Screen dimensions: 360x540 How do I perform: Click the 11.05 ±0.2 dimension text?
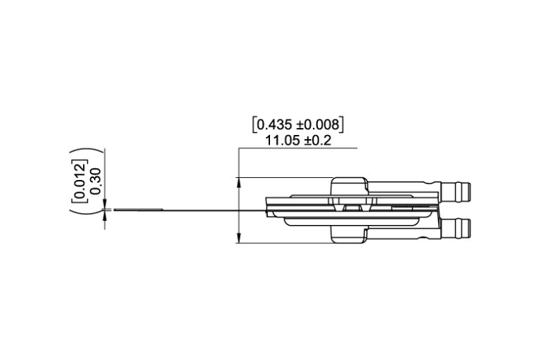tap(297, 140)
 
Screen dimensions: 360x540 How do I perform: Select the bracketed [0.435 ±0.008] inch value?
tap(297, 124)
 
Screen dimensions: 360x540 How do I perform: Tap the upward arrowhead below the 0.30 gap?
tap(105, 214)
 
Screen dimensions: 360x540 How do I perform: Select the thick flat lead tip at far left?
tap(138, 209)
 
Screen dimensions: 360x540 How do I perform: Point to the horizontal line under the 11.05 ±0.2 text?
tap(297, 148)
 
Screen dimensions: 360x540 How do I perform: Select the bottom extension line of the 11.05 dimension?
tap(281, 243)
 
